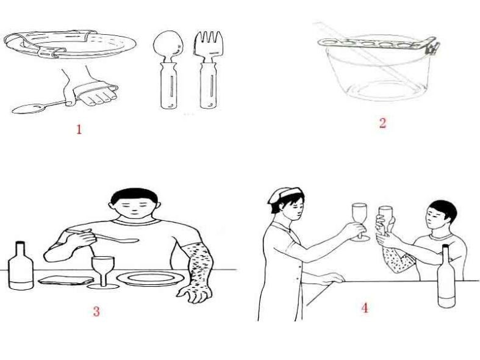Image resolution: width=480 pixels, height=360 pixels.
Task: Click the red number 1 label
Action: (79, 129)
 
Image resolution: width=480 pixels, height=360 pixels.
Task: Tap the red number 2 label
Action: (382, 123)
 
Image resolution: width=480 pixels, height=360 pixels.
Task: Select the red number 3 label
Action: (96, 311)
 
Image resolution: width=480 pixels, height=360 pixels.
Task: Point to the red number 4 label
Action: (365, 308)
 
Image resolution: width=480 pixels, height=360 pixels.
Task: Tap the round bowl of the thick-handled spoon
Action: (168, 43)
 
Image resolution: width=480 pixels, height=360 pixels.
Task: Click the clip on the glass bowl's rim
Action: (432, 48)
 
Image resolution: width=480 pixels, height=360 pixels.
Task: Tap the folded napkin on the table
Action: (66, 280)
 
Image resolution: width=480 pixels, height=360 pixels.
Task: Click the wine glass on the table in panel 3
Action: (103, 273)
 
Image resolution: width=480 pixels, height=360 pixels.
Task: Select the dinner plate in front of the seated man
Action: (150, 279)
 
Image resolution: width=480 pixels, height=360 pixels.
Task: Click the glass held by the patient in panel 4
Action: (385, 218)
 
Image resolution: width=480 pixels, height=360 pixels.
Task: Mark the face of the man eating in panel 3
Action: (134, 207)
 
